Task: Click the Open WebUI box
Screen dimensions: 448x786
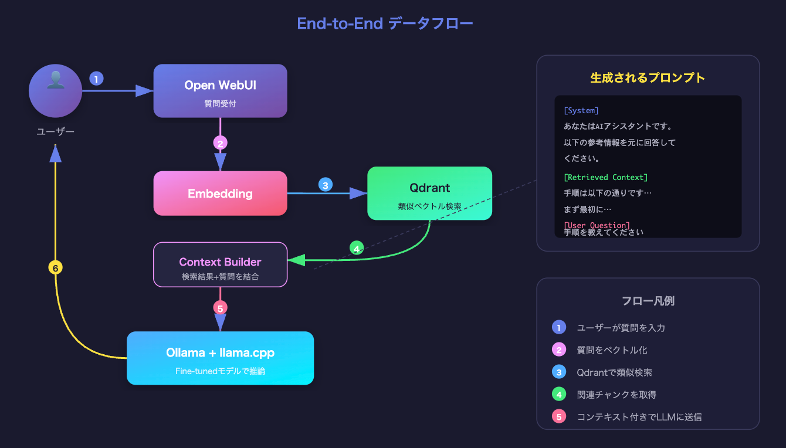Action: pyautogui.click(x=220, y=91)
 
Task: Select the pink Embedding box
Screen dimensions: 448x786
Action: pyautogui.click(x=220, y=194)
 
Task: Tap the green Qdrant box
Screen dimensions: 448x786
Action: pyautogui.click(x=429, y=194)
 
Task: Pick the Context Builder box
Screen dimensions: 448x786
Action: pyautogui.click(x=220, y=264)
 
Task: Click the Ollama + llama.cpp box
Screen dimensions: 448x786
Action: pyautogui.click(x=220, y=358)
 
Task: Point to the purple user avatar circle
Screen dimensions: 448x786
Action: pyautogui.click(x=55, y=91)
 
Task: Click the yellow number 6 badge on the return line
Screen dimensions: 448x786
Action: pyautogui.click(x=55, y=268)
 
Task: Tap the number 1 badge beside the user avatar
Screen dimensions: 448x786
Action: pyautogui.click(x=97, y=78)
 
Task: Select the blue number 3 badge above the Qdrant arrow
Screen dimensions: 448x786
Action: pyautogui.click(x=325, y=185)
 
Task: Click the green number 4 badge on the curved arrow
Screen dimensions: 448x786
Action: pyautogui.click(x=357, y=248)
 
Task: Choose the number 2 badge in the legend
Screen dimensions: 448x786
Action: pyautogui.click(x=559, y=350)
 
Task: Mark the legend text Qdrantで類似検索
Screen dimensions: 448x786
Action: pyautogui.click(x=614, y=372)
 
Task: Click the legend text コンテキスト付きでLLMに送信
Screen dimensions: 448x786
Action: pyautogui.click(x=639, y=417)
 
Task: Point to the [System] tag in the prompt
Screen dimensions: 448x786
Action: pyautogui.click(x=581, y=110)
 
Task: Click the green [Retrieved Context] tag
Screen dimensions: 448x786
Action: pyautogui.click(x=605, y=177)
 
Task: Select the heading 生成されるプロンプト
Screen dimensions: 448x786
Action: pyautogui.click(x=648, y=78)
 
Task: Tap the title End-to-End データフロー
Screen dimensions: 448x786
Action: pyautogui.click(x=385, y=23)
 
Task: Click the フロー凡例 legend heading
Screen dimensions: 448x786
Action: pyautogui.click(x=648, y=301)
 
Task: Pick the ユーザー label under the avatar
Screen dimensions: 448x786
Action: pyautogui.click(x=55, y=131)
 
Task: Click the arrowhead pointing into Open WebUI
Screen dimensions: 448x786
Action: pyautogui.click(x=144, y=91)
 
